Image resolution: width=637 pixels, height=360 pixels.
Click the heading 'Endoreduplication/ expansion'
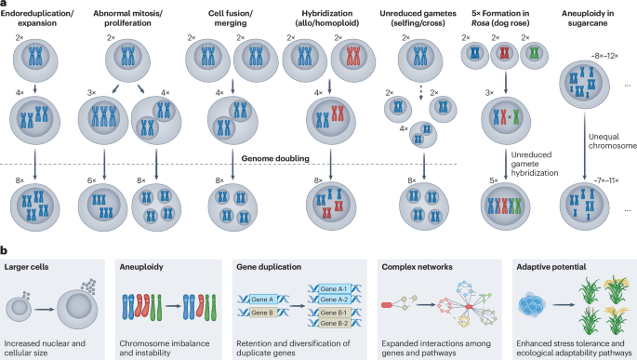pyautogui.click(x=37, y=18)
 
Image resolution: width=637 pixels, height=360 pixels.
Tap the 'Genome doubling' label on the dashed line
pyautogui.click(x=275, y=158)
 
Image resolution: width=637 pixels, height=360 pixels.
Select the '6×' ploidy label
pyautogui.click(x=92, y=180)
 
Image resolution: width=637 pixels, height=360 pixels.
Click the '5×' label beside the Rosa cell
pyautogui.click(x=494, y=180)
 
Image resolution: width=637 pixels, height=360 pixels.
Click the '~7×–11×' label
pyautogui.click(x=605, y=180)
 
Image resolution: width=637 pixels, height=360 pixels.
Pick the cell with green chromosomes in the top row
pyautogui.click(x=534, y=55)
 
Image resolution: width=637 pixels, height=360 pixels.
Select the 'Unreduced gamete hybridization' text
pyautogui.click(x=534, y=164)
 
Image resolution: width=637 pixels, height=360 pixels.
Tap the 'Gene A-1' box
pyautogui.click(x=334, y=289)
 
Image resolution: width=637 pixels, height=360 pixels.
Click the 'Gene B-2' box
pyautogui.click(x=334, y=323)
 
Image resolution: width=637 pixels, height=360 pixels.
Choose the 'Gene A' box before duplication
pyautogui.click(x=262, y=300)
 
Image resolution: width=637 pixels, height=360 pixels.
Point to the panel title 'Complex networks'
pyautogui.click(x=417, y=267)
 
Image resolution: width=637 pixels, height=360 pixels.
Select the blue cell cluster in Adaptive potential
pyautogui.click(x=532, y=305)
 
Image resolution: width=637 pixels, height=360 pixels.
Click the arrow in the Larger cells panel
pyautogui.click(x=44, y=310)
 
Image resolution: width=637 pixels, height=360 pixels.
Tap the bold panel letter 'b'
pyautogui.click(x=4, y=251)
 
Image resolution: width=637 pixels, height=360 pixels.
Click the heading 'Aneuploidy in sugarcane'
pyautogui.click(x=588, y=18)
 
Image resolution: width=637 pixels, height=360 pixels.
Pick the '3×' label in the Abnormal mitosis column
pyautogui.click(x=91, y=93)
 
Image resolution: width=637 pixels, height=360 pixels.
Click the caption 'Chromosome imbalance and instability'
pyautogui.click(x=165, y=348)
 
